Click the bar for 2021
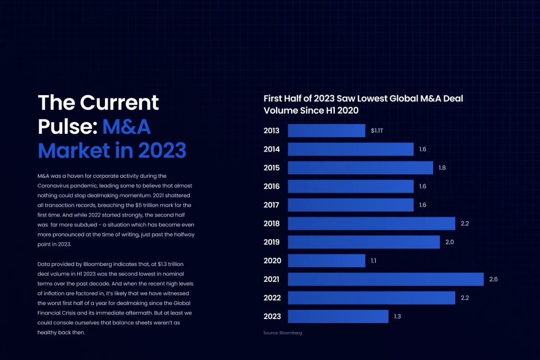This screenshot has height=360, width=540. click(385, 279)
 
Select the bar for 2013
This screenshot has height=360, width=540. click(326, 131)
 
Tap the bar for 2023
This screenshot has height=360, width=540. click(338, 316)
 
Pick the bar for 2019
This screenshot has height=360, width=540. click(364, 242)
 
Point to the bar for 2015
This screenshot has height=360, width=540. click(360, 168)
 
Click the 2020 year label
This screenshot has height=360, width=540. click(272, 261)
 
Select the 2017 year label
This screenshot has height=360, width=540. click(272, 205)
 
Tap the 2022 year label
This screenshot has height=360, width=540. click(272, 298)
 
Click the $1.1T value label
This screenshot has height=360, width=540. click(377, 131)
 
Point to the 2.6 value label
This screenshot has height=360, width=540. click(494, 279)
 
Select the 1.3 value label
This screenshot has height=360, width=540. click(398, 316)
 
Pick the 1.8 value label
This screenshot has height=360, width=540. click(442, 168)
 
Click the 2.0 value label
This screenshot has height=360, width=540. click(449, 242)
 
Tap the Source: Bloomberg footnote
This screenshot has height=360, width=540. click(283, 333)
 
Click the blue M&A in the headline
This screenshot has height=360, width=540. click(126, 127)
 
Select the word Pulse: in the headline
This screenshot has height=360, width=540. click(68, 127)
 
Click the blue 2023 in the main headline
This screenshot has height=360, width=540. click(162, 151)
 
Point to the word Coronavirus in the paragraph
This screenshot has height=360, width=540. click(53, 185)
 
